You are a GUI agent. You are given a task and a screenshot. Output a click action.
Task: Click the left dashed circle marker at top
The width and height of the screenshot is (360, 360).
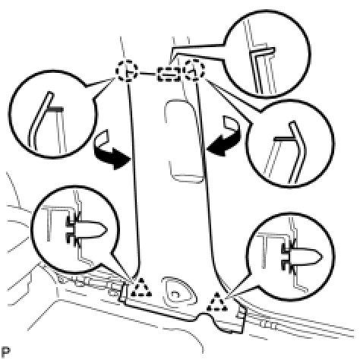coord(127,71)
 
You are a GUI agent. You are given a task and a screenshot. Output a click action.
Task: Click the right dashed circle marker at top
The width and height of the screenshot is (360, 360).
coord(194,69)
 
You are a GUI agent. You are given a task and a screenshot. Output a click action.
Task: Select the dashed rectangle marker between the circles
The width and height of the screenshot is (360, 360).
coord(169,74)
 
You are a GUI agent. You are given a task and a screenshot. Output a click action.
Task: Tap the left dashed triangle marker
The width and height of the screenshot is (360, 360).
coord(141,288)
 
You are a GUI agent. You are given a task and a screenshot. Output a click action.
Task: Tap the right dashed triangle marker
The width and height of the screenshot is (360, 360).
coord(216,302)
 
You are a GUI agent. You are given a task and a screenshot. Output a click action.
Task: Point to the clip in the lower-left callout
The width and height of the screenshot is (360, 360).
coord(86,230)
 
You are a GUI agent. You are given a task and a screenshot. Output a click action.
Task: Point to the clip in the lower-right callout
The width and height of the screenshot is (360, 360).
coord(302,257)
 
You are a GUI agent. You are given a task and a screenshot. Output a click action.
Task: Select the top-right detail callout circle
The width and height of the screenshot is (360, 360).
coord(310,54)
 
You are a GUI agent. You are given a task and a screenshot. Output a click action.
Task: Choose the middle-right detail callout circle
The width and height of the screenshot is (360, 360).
coord(333,144)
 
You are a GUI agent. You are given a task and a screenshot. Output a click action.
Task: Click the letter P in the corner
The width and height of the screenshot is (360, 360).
coord(5,352)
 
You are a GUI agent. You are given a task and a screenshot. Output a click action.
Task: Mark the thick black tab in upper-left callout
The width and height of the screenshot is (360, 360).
coord(55,109)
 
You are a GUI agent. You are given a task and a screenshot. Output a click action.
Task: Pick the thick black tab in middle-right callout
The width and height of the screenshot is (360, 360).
coord(283,139)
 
